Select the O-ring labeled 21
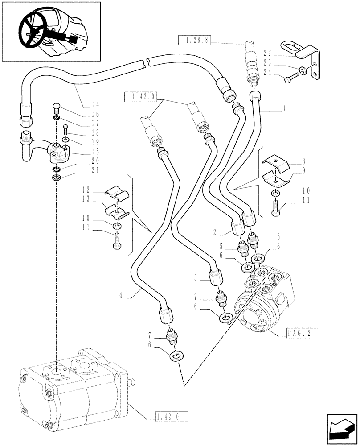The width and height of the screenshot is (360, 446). (55, 178)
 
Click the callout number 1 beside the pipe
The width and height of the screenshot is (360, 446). (284, 108)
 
